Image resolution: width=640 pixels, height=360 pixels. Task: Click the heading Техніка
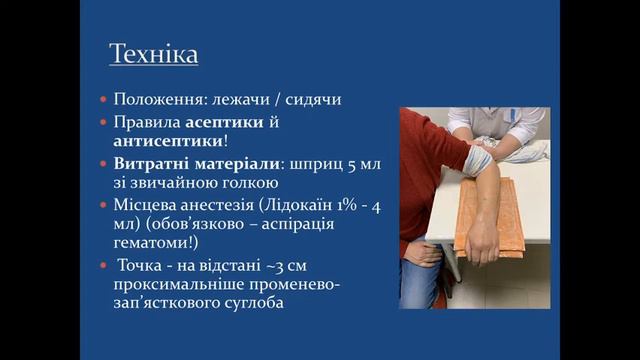pyautogui.click(x=153, y=54)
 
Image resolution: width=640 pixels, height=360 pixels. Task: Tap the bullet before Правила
pyautogui.click(x=105, y=121)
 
